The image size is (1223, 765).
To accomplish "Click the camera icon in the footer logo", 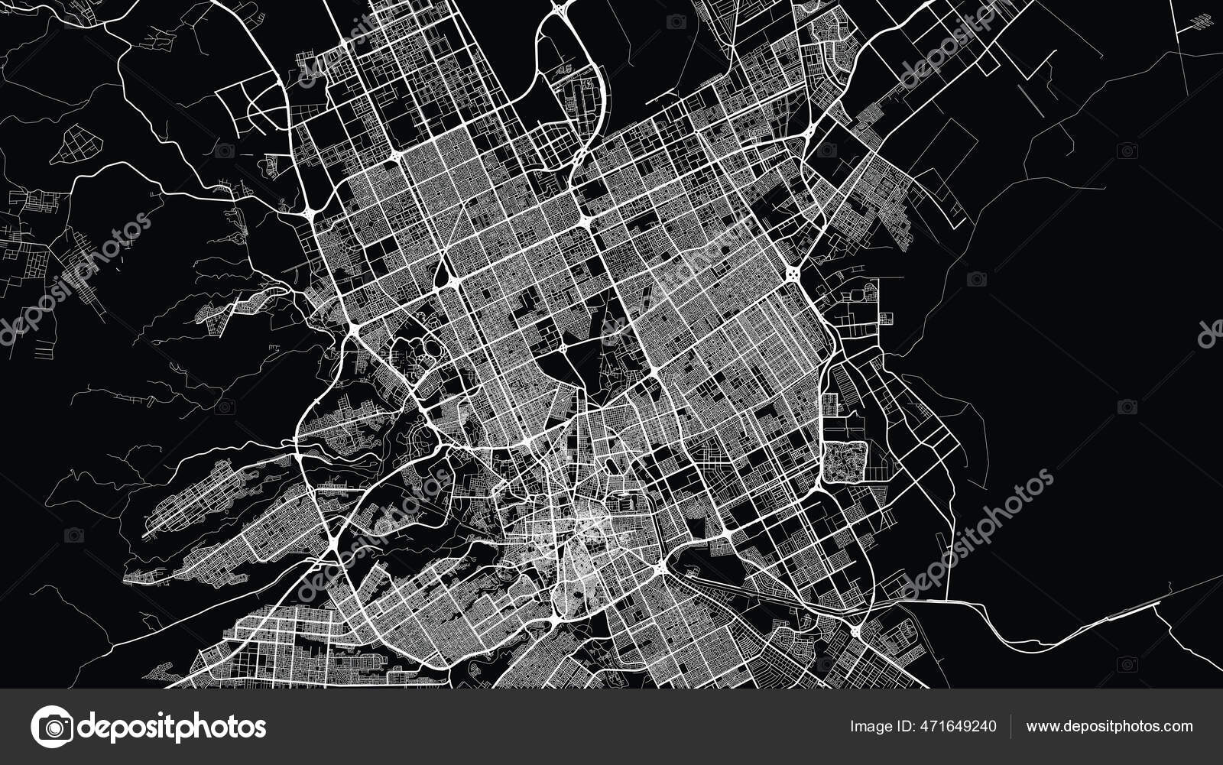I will coord(52,726).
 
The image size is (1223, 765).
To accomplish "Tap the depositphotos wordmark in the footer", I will coord(173,726).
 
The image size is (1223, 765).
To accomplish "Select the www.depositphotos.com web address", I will coord(1109,726).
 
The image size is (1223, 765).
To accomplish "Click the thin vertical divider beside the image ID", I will coord(1011,726).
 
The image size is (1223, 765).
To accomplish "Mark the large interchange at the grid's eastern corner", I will coord(793,273).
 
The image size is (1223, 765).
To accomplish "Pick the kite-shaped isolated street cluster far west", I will coord(77,144).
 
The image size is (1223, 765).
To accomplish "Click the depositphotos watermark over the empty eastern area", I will coord(978,535).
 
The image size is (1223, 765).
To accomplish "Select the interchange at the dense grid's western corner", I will coord(355,329).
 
